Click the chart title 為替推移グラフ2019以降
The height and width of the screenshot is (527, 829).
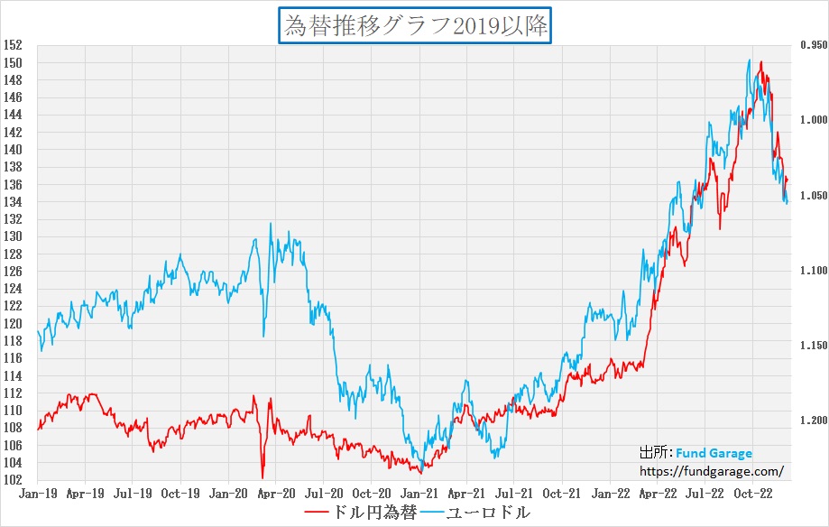click(x=416, y=25)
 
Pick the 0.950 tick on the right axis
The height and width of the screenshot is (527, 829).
click(x=812, y=45)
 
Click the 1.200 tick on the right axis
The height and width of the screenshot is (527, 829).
click(x=812, y=421)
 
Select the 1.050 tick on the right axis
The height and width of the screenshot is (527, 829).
click(x=812, y=196)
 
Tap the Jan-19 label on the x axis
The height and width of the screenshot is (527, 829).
click(x=38, y=494)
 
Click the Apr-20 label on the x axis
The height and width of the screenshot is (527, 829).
click(x=276, y=494)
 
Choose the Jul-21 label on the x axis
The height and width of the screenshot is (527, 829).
click(x=513, y=494)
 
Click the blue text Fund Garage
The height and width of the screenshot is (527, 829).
click(x=714, y=454)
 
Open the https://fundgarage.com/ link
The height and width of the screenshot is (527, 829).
click(x=711, y=471)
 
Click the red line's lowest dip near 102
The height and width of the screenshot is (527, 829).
click(x=263, y=477)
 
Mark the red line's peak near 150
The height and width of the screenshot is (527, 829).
click(x=761, y=62)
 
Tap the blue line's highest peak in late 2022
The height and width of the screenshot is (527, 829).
click(x=750, y=60)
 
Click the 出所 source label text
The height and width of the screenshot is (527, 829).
click(x=653, y=454)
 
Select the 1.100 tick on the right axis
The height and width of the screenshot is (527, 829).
click(x=812, y=271)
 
